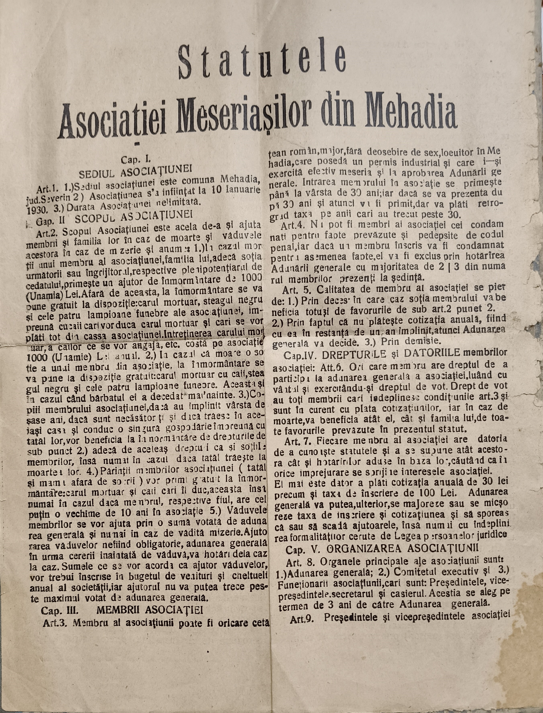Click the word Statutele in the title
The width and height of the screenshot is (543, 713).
(x=262, y=61)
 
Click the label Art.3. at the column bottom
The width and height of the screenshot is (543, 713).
(x=53, y=623)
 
